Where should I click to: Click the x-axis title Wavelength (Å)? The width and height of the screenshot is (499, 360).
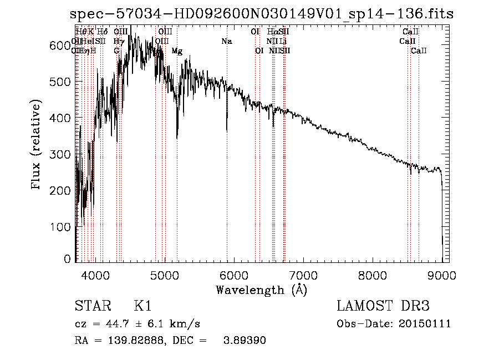click(x=261, y=290)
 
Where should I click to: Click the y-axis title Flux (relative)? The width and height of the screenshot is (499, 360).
click(x=37, y=145)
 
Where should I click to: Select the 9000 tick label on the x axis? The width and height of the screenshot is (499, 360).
click(x=441, y=275)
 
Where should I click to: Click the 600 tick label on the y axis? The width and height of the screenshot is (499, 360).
click(x=60, y=46)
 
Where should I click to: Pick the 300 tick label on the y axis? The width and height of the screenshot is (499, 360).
click(x=60, y=154)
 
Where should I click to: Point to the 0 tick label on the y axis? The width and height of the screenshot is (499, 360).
click(x=67, y=259)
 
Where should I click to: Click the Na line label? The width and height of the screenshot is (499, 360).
click(x=226, y=42)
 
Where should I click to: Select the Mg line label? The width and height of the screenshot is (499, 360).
click(x=177, y=51)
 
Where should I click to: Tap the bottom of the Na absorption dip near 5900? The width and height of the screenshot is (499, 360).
click(x=227, y=130)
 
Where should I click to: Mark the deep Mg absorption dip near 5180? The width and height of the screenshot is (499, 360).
click(x=177, y=138)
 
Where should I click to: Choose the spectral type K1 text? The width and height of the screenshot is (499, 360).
click(x=142, y=306)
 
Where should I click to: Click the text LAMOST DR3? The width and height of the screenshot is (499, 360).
click(x=383, y=306)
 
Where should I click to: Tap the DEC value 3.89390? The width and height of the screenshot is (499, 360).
click(x=243, y=341)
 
